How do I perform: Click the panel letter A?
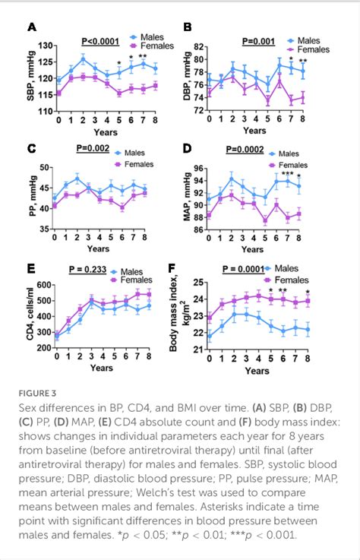(x=31, y=28)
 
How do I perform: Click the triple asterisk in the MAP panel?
(x=287, y=174)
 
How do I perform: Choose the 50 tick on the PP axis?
(x=47, y=167)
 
